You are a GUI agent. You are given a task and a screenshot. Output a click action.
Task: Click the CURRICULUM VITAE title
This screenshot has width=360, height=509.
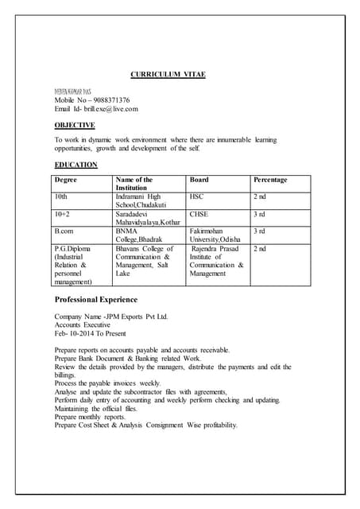point(167,74)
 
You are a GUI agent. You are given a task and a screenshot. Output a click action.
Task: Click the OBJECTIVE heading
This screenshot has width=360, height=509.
point(75,125)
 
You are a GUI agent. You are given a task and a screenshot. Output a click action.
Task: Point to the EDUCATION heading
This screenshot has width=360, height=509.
point(75,165)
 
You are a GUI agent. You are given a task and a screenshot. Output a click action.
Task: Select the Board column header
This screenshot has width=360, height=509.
point(199,180)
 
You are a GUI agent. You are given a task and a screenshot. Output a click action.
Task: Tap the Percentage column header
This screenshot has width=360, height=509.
point(270,180)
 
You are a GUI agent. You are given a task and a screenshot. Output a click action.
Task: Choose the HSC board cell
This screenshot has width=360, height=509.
point(197,196)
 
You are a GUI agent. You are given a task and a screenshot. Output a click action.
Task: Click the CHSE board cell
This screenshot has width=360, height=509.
point(199,214)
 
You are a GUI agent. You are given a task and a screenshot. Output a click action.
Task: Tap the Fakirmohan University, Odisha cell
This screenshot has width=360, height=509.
point(215,235)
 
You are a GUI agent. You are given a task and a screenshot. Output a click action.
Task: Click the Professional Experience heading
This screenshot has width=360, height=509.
point(95,300)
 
